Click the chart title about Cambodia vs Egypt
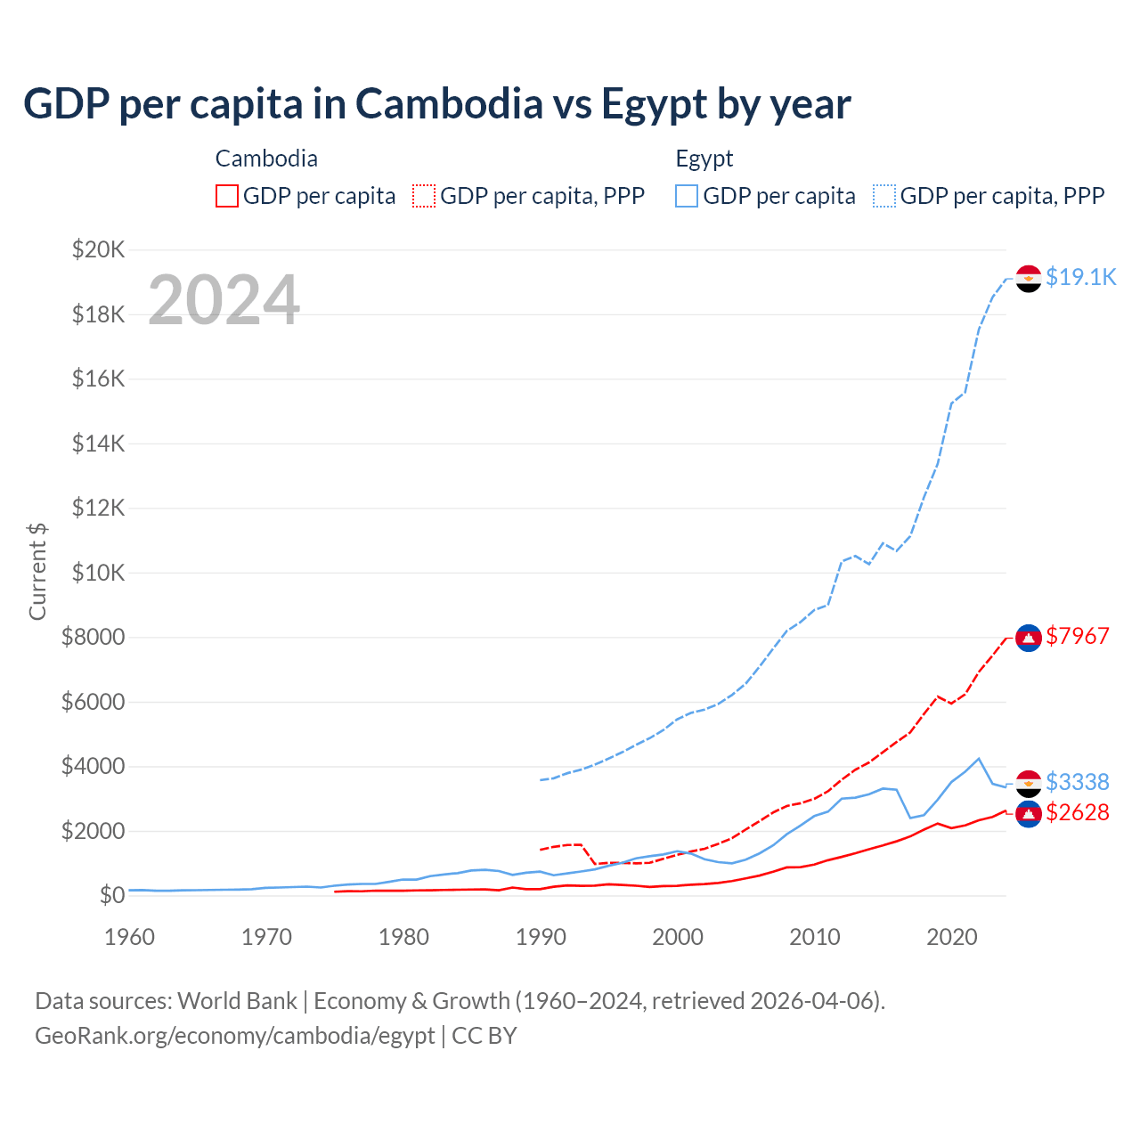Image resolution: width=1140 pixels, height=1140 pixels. pos(436,104)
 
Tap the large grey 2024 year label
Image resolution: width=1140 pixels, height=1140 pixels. pos(224,300)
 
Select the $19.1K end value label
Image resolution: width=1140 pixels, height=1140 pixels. pos(1080,277)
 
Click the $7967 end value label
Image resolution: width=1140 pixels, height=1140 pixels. pos(1077,636)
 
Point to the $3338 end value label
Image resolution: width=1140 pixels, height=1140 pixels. pos(1077,782)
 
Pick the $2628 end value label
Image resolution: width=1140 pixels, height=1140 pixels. pos(1077,812)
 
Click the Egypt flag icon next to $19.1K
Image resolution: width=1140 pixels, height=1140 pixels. pos(1029,279)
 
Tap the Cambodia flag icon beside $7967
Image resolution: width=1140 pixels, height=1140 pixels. pos(1029,638)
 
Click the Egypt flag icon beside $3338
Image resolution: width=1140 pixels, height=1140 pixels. pos(1029,784)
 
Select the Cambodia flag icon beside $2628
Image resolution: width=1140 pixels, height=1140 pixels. pos(1029,814)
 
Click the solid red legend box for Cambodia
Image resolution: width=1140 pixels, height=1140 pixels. pos(227,196)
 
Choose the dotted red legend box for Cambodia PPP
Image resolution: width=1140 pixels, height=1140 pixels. pos(424,196)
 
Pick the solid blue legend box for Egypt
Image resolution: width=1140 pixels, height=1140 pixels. pos(687,196)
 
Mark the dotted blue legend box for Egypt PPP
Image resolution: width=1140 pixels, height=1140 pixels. pos(884,196)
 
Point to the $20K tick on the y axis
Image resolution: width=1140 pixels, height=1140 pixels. pos(98,249)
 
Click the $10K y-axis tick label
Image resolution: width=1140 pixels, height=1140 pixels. pos(98,573)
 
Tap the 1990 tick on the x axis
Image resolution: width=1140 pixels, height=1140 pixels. pos(541,937)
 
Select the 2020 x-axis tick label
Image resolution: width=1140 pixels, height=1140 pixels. pos(952,937)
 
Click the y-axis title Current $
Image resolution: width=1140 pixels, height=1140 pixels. pos(37,572)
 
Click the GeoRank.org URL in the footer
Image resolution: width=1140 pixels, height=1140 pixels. pos(234,1036)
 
